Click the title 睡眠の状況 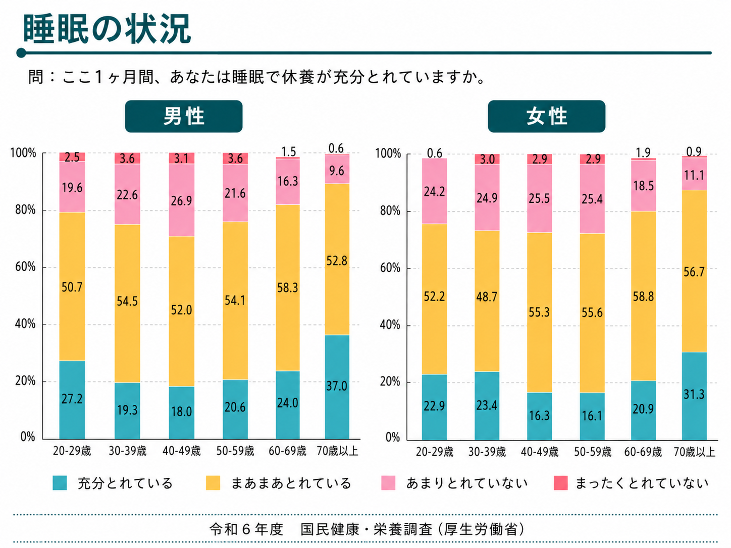coord(107,29)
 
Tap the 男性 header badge coord(183,117)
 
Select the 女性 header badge coord(547,117)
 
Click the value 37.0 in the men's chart coord(337,386)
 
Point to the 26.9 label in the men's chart coord(182,201)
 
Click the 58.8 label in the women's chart coord(643,296)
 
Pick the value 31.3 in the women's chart coord(694,394)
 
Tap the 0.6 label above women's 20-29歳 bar coord(435,153)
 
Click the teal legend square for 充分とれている coord(60,483)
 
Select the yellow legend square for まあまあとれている coord(213,483)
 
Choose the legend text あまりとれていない coord(467,483)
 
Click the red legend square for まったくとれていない coord(560,483)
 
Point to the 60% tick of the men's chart coord(25,267)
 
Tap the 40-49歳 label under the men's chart coord(182,451)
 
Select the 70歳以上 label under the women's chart coord(694,452)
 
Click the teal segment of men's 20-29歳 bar coord(72,400)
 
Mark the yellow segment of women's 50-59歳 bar coord(592,313)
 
